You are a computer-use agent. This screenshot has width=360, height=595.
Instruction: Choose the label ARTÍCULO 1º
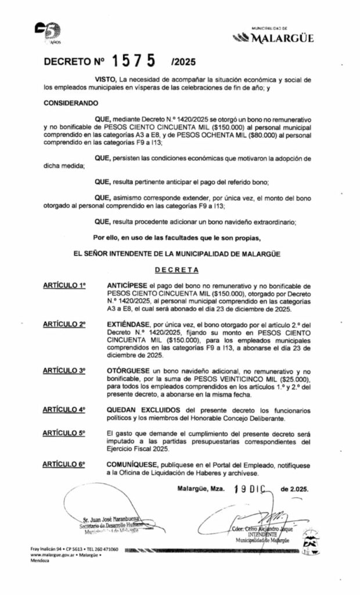tap(64, 286)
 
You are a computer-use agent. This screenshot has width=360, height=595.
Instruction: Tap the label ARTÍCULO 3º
tap(64, 370)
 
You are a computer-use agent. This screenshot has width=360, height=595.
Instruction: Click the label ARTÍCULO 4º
tap(64, 409)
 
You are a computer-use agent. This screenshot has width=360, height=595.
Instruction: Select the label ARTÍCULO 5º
tap(64, 433)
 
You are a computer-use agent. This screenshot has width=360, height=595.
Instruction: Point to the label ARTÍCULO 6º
tap(64, 464)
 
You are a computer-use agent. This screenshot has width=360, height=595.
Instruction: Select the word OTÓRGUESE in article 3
tap(127, 370)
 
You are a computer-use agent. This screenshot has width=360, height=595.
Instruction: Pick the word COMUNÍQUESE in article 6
tap(131, 464)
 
